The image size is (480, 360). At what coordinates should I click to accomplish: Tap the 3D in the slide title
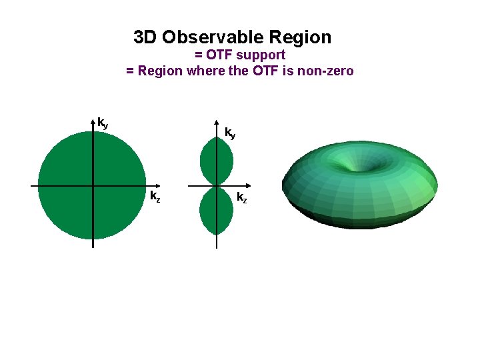pyautogui.click(x=145, y=37)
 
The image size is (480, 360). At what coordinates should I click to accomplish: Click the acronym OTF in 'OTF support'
pyautogui.click(x=220, y=55)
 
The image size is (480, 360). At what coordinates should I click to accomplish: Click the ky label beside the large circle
pyautogui.click(x=103, y=123)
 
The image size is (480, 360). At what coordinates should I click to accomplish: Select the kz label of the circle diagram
pyautogui.click(x=155, y=196)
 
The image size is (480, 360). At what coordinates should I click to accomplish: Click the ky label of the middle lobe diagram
pyautogui.click(x=229, y=133)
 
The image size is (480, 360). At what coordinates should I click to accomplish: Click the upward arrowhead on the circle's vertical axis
pyautogui.click(x=93, y=122)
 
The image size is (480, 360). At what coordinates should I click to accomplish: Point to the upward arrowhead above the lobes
pyautogui.click(x=217, y=125)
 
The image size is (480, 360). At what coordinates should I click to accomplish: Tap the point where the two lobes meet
pyautogui.click(x=217, y=185)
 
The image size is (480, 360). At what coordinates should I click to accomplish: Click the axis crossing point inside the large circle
pyautogui.click(x=93, y=185)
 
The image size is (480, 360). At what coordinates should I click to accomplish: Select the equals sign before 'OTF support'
pyautogui.click(x=199, y=55)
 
